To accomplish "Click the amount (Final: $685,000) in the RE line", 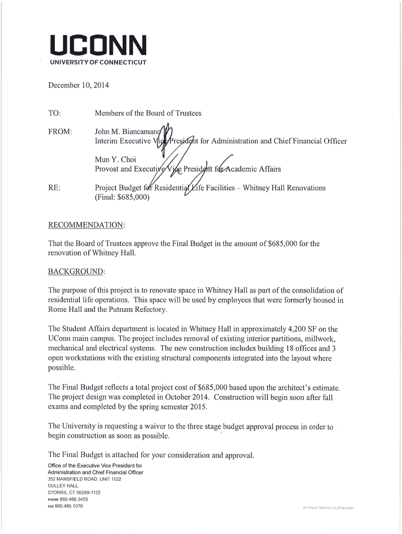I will click(122, 197).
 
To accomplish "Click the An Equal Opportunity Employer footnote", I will click(328, 507).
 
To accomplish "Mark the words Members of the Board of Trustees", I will click(148, 113).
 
